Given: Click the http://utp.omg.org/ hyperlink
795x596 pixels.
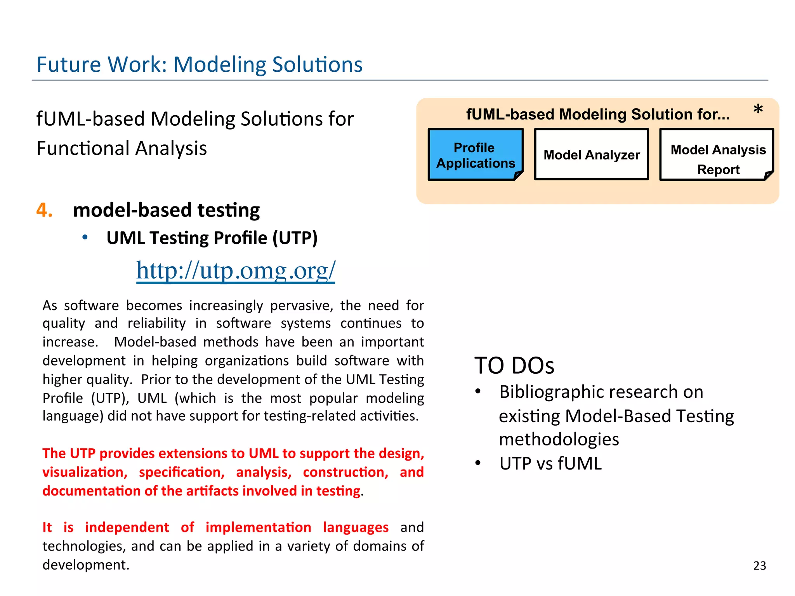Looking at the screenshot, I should pos(235,270).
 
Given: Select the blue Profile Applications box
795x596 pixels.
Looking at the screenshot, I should pos(476,155).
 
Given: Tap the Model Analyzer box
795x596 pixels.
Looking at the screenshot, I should pos(591,155).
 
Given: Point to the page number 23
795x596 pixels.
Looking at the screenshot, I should pos(760,565).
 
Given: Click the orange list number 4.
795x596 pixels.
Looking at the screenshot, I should pos(44,210).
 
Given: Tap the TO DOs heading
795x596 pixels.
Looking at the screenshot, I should pos(514,366).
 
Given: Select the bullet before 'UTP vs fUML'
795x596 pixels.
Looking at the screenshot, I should pos(478,463).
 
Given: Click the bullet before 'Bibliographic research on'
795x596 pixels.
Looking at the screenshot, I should pos(478,392).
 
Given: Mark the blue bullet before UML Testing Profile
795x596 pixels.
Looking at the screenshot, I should pos(85,237).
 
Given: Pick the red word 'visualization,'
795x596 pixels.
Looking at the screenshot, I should pos(85,472).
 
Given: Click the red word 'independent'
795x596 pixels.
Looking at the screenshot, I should pos(127,527).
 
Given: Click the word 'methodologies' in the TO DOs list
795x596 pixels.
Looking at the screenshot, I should pos(559,440).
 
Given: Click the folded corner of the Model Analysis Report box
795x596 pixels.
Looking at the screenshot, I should pos(768,175).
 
